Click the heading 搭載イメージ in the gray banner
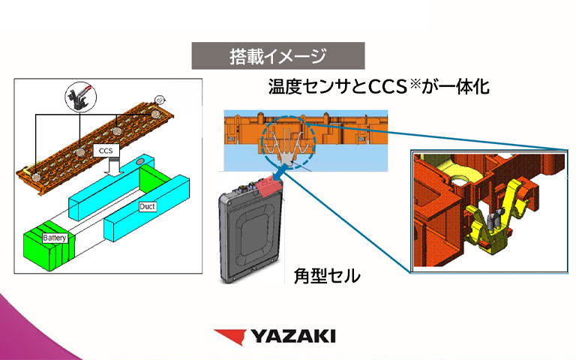(278, 55)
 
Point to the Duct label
(148, 205)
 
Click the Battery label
(55, 238)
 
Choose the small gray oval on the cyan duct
(141, 161)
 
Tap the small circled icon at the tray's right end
(159, 98)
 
